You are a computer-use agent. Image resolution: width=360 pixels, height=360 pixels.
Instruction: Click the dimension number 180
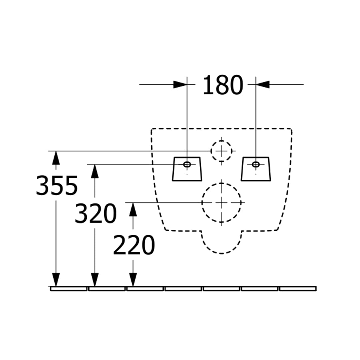[222, 85]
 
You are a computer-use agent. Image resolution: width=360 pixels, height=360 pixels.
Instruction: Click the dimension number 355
[57, 186]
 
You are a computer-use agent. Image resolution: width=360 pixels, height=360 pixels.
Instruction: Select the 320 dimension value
[96, 213]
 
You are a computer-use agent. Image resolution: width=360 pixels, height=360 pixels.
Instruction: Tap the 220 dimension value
[134, 245]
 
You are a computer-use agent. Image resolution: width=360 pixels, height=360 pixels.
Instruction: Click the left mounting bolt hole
[187, 164]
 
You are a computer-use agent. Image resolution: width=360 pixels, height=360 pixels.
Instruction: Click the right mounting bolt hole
[256, 164]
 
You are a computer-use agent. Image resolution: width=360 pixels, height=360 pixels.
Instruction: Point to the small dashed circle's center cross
[221, 151]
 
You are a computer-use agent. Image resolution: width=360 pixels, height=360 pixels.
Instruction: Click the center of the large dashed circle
[221, 203]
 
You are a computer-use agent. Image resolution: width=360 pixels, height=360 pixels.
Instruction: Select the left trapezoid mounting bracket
[187, 169]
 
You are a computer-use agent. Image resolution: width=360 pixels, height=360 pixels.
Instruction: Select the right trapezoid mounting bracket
[256, 169]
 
